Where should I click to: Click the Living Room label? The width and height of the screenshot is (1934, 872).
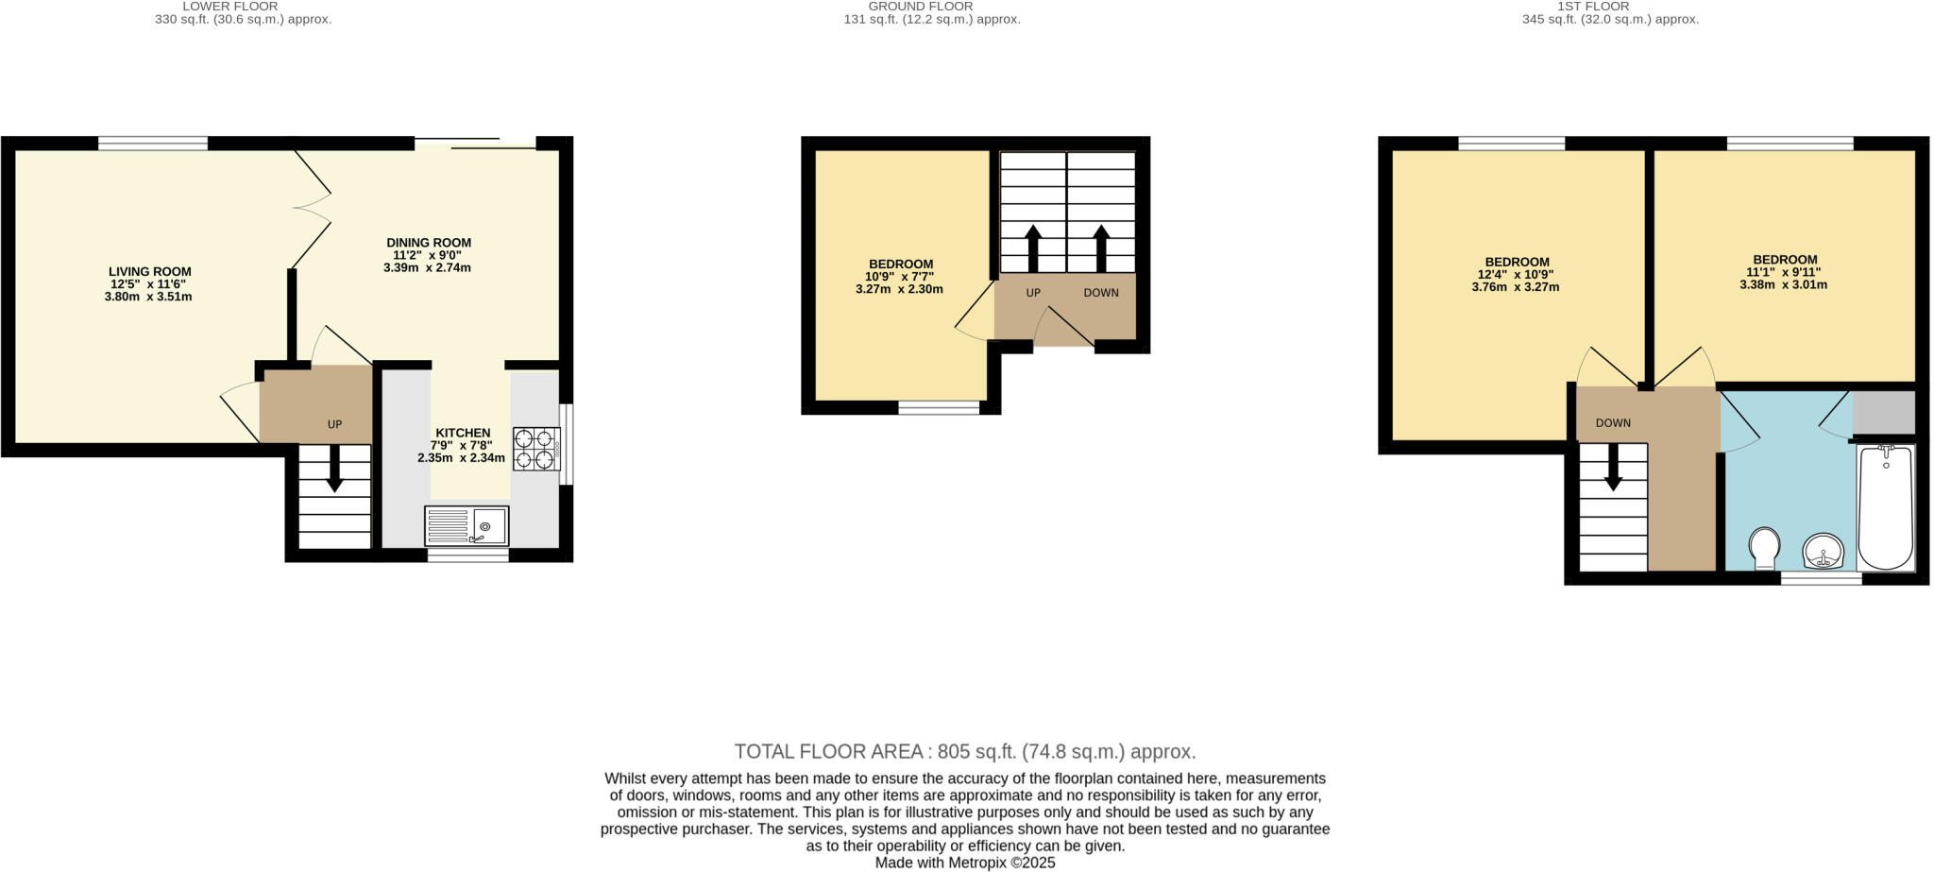[149, 272]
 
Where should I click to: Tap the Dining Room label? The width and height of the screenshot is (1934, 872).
[428, 243]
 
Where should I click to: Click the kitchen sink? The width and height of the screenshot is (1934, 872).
[467, 526]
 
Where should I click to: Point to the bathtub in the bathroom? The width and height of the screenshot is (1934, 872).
[1886, 507]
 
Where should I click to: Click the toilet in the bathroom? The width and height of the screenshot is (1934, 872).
[1763, 547]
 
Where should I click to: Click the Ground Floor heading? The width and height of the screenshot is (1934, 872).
[921, 7]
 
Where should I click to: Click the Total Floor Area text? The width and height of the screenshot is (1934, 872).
[965, 752]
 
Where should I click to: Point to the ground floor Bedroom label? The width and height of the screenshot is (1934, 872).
[901, 265]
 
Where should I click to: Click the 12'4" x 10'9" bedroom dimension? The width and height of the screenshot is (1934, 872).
[1515, 275]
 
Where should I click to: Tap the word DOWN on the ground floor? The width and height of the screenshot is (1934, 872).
[1100, 293]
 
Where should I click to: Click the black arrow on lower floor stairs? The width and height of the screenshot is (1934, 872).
[334, 469]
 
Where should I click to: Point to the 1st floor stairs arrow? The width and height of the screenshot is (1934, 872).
[1613, 467]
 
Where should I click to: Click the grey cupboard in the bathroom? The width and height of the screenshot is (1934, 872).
[1884, 413]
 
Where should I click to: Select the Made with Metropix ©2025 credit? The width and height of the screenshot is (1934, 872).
[965, 863]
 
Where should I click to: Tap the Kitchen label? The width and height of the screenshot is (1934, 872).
[463, 433]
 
